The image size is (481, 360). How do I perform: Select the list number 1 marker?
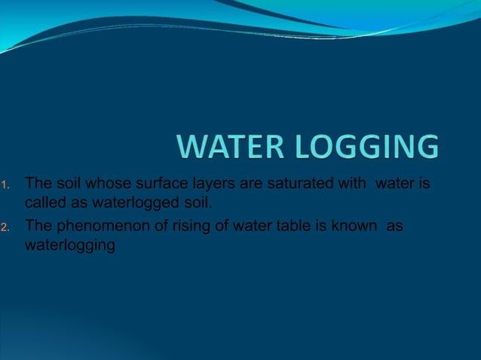click(x=5, y=185)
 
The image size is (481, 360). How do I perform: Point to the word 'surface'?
click(x=153, y=183)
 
